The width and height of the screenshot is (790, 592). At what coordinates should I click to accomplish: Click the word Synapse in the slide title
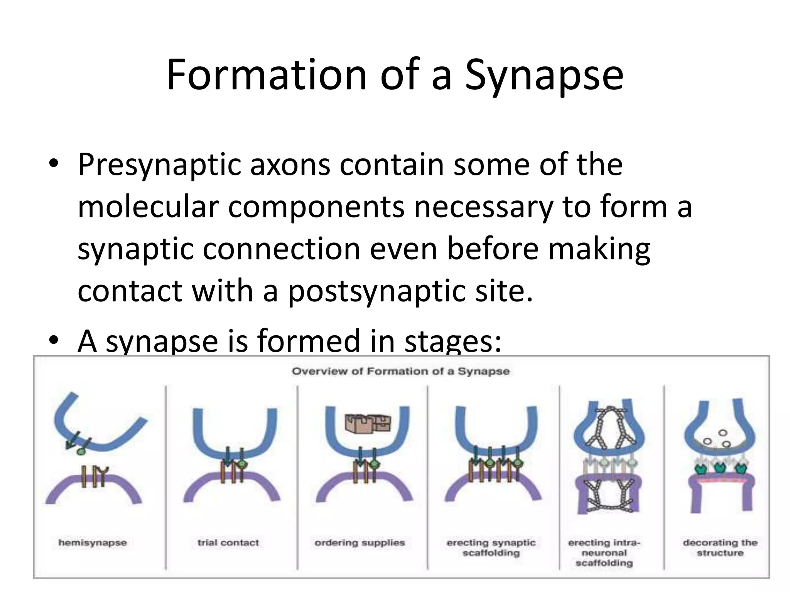coord(544,75)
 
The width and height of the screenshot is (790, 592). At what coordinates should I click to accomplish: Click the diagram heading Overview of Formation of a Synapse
coord(400,372)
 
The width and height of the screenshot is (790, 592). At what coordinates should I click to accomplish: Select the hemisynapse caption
coord(93,543)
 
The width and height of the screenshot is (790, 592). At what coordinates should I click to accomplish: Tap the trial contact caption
coord(228,543)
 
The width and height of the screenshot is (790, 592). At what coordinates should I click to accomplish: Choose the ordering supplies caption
coord(360,543)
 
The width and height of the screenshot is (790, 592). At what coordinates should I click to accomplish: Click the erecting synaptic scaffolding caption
coord(491,548)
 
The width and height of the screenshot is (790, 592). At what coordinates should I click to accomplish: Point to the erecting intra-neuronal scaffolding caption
coord(604,553)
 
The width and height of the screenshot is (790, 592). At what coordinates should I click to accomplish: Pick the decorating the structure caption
coord(720,548)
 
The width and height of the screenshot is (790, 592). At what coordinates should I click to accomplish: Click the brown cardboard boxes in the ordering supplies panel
coord(368,423)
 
